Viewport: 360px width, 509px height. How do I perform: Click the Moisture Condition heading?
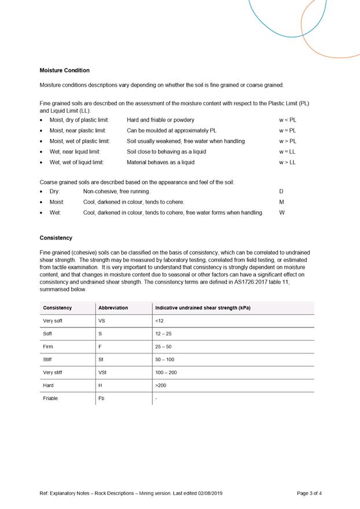pos(64,70)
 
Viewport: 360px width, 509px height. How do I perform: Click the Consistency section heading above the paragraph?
pos(56,238)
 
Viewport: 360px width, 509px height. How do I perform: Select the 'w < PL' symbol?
pos(287,120)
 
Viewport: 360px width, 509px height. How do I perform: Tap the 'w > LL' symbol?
pos(287,163)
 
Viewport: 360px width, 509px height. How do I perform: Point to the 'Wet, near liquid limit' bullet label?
pos(75,152)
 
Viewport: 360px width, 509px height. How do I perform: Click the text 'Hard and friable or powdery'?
pos(160,120)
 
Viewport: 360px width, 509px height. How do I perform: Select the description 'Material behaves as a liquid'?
pos(160,163)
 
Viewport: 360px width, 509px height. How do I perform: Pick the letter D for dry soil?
pos(281,191)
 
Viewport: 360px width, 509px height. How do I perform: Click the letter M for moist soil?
pos(281,202)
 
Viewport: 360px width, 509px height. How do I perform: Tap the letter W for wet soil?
pos(282,212)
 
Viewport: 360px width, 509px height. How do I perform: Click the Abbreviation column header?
pos(113,308)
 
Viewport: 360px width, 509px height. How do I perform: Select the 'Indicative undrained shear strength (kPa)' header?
pos(203,308)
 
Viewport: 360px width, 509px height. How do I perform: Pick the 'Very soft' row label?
pos(53,320)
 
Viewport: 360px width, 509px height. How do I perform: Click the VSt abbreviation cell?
pos(104,372)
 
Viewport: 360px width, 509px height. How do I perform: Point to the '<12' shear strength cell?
pos(160,320)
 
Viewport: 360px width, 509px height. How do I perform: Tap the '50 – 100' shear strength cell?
pos(164,360)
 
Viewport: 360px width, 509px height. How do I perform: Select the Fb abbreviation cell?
pos(102,399)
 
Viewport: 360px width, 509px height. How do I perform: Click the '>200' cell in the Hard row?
pos(160,385)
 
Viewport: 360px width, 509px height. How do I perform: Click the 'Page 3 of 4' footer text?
pos(309,493)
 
